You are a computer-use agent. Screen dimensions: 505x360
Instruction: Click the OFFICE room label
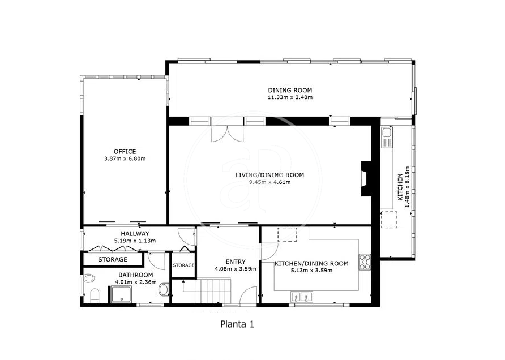tap(125, 151)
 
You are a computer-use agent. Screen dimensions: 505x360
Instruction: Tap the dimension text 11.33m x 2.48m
tap(290, 97)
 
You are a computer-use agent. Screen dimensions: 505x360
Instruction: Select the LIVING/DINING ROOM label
tap(270, 175)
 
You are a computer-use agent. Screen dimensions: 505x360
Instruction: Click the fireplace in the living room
tap(366, 178)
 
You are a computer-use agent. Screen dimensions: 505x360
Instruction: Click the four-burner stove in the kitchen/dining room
tap(365, 262)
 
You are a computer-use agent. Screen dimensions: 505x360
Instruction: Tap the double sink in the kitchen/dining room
tap(302, 297)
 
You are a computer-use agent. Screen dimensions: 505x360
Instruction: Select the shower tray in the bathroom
tap(121, 295)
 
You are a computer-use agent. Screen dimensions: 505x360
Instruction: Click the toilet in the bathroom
tap(95, 296)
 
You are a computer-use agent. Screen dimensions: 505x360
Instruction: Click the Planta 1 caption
tap(237, 324)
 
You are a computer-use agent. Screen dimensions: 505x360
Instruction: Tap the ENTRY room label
tap(236, 262)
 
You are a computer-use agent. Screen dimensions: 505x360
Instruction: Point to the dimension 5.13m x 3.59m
tap(311, 271)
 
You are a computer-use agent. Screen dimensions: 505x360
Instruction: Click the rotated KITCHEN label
tap(400, 187)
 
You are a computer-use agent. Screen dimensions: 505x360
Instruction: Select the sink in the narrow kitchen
tap(386, 137)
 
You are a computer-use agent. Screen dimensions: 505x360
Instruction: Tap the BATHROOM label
tap(135, 275)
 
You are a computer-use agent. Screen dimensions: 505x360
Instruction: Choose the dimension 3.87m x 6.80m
tap(125, 158)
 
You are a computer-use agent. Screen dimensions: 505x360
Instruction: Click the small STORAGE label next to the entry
tap(183, 265)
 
